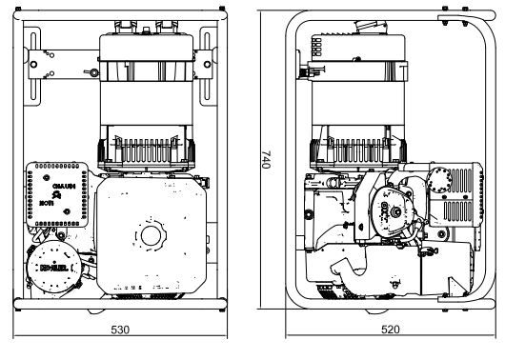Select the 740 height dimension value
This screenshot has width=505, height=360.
pos(268,163)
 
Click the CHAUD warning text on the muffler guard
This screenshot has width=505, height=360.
pos(64,186)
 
